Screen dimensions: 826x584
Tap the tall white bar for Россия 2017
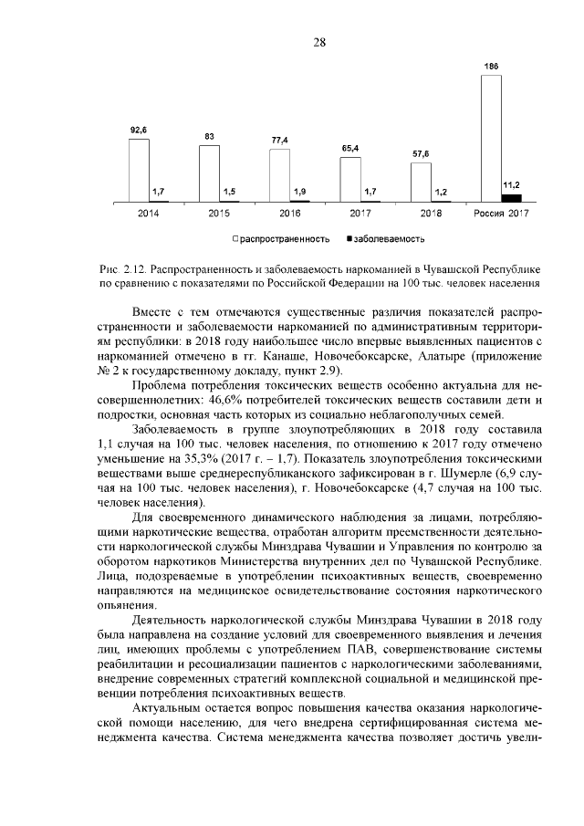click(490, 138)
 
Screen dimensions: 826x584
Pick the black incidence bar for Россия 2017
click(511, 197)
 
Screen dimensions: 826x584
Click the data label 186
click(491, 67)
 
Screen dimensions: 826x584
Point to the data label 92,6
click(139, 131)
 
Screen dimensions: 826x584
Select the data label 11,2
click(511, 185)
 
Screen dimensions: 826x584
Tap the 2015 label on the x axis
click(219, 214)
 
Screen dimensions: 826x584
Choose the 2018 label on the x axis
click(431, 214)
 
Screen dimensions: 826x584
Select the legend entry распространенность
click(283, 238)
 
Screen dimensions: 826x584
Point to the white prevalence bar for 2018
click(421, 182)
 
